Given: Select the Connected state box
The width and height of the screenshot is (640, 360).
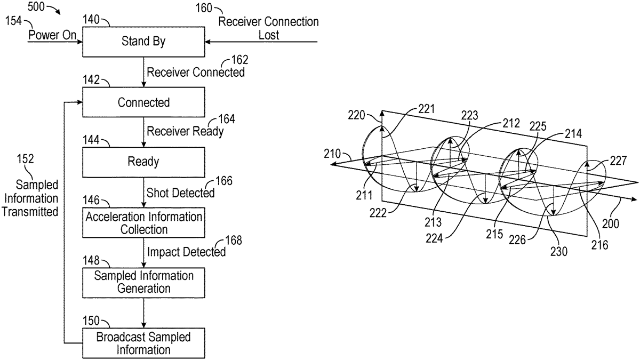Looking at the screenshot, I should click(x=143, y=102).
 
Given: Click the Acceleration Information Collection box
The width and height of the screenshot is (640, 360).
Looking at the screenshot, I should click(x=143, y=223).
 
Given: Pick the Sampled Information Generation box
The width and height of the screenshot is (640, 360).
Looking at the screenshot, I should click(x=143, y=282).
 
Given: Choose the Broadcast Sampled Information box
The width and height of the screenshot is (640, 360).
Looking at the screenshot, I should click(x=143, y=343).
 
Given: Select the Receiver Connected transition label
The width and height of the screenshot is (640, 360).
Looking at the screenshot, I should click(x=196, y=72).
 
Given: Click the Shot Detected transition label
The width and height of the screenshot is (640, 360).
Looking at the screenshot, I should click(x=180, y=192).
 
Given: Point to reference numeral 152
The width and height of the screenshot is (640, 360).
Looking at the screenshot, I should click(x=25, y=158).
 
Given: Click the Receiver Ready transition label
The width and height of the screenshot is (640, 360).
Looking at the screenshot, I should click(x=185, y=131).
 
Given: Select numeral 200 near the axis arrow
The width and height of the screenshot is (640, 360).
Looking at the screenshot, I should click(x=611, y=223).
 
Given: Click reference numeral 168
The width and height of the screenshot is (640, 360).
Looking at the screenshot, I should click(x=233, y=241).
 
